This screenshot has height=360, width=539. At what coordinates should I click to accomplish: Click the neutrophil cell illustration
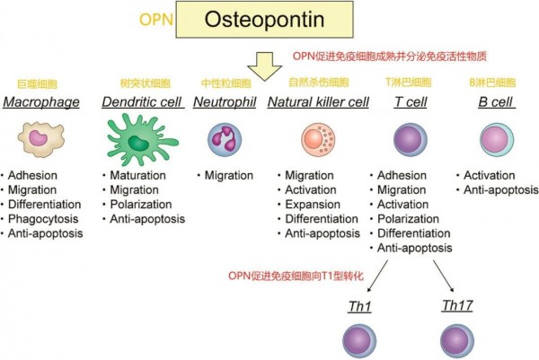[224, 140]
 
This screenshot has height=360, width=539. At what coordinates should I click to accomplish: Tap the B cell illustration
[497, 140]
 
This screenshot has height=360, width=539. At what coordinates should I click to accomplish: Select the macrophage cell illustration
[42, 140]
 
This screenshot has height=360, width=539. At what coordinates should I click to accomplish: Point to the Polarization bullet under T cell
[413, 218]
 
